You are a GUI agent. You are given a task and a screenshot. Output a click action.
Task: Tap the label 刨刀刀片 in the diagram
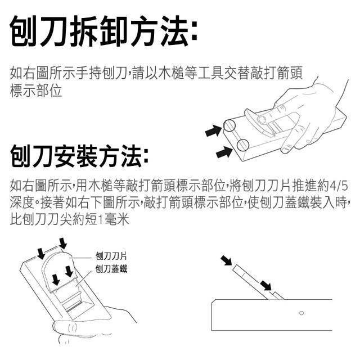111,256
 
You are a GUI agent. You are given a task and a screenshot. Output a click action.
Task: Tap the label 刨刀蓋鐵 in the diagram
111,269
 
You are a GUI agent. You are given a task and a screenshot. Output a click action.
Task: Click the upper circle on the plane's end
229,125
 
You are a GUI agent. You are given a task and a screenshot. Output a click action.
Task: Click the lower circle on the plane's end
242,145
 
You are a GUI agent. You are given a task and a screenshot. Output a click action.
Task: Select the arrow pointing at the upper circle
213,130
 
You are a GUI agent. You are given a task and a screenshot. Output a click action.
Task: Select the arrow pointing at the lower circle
224,152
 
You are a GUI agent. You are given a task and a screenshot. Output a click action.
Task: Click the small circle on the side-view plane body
301,313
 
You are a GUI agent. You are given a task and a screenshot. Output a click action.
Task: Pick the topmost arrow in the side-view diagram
227,260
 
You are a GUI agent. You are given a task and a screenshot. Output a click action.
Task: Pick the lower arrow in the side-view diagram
265,286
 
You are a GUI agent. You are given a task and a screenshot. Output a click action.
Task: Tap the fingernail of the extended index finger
262,119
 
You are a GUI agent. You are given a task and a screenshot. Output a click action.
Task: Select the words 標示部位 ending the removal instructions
36,91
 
